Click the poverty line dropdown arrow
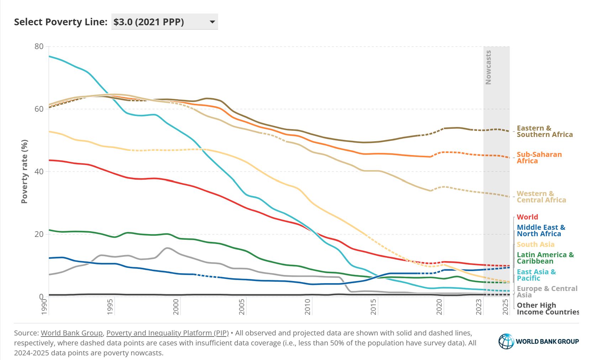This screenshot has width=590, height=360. [212, 22]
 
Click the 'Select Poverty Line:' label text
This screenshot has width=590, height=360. [60, 22]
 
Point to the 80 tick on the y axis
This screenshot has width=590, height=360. [39, 46]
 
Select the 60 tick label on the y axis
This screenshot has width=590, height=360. [39, 109]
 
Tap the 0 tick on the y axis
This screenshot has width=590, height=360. [41, 297]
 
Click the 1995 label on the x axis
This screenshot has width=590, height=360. [110, 307]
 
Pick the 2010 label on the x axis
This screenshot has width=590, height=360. [307, 307]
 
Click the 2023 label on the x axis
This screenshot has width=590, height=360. [479, 307]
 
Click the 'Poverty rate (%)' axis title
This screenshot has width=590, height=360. [24, 171]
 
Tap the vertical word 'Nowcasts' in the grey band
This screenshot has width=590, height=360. [488, 67]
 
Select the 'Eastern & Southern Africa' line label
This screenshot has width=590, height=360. [544, 131]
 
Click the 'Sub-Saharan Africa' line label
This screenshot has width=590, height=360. [539, 158]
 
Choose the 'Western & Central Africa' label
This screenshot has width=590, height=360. [541, 197]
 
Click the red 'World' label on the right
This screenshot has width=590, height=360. [527, 217]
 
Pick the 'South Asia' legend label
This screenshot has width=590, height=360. [535, 244]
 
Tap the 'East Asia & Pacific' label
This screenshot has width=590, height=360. [536, 275]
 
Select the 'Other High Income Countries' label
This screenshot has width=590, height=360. [547, 308]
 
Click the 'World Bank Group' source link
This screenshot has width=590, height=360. [72, 333]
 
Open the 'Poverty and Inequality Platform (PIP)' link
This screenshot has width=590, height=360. [167, 333]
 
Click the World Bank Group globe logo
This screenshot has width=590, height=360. [506, 342]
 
